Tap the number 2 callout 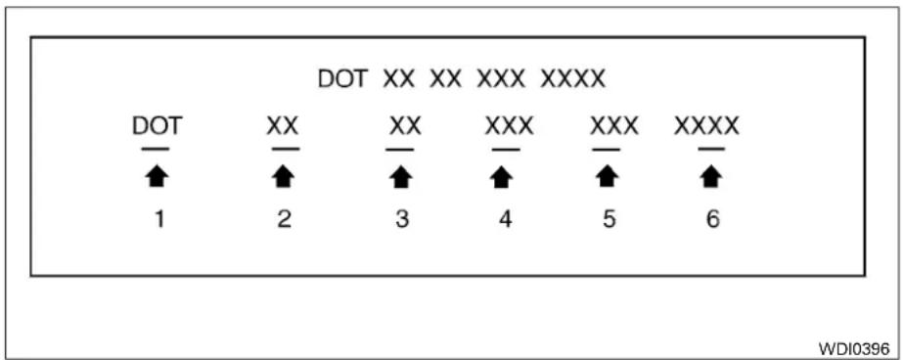284,219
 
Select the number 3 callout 402,219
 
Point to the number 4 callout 505,219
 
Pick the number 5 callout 609,219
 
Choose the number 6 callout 712,219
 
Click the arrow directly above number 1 157,177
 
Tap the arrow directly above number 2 284,177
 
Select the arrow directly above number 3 401,177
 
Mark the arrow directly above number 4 502,177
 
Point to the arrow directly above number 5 606,177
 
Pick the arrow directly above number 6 712,177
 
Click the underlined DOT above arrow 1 158,126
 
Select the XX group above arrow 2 282,126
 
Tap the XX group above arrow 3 405,126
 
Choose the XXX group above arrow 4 509,126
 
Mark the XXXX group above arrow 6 706,126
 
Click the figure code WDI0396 854,348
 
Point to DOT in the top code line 343,79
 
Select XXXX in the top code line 573,79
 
